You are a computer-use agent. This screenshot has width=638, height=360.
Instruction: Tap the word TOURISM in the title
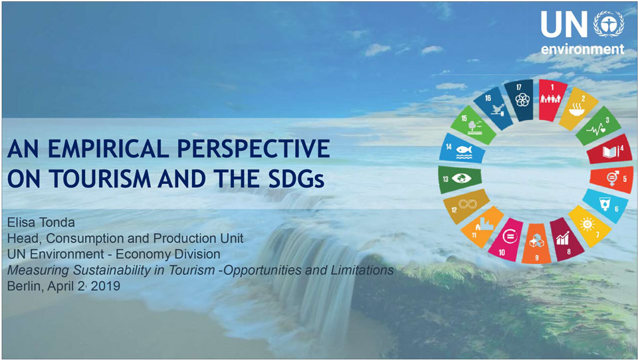click(100, 179)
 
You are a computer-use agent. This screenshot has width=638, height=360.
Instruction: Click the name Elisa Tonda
click(41, 223)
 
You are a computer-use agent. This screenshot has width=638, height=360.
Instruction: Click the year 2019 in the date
click(106, 286)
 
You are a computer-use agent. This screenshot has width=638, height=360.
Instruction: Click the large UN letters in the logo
click(564, 25)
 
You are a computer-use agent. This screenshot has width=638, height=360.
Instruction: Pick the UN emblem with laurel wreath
click(608, 24)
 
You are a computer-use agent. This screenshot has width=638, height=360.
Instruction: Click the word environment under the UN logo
click(582, 49)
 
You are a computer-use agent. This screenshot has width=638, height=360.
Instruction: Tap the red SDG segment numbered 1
click(552, 100)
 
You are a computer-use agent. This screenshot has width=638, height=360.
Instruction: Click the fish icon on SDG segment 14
click(464, 151)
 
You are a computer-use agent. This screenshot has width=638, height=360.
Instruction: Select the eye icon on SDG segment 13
click(461, 179)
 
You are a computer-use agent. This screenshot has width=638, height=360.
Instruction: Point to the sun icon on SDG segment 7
click(587, 224)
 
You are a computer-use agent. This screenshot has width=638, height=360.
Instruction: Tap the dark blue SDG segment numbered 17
click(519, 100)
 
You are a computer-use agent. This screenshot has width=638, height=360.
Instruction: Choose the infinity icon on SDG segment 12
click(467, 203)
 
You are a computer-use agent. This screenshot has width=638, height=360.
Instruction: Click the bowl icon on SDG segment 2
click(576, 109)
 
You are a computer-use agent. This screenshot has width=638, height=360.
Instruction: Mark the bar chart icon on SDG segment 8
click(562, 238)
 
